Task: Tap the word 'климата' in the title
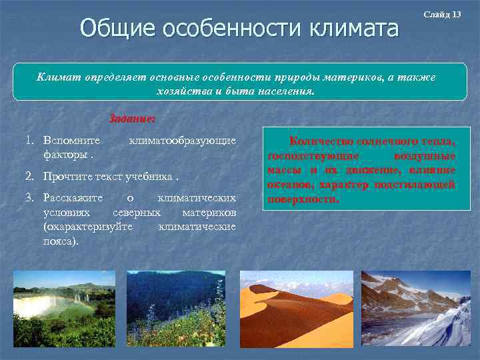pos(353,29)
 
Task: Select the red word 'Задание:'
pos(132,120)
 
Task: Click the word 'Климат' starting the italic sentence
pos(59,78)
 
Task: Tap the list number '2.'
pos(31,177)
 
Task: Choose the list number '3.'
pos(31,199)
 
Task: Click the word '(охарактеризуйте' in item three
pos(87,227)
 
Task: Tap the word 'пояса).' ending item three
pos(61,241)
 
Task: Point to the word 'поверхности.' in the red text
pos(303,199)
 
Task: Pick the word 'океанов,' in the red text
pos(291,185)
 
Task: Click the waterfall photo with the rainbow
pos(64,308)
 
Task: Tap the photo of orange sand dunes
pos(296,308)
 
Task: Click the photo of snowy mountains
pos(415,308)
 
